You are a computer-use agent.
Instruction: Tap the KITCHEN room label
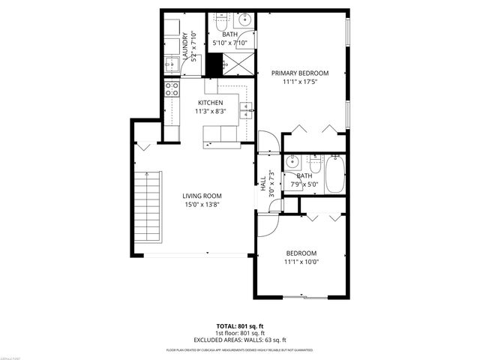point(210,103)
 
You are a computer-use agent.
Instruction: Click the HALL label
point(262,183)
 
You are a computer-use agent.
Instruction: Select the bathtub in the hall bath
point(334,174)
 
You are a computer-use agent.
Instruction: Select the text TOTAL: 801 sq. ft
point(240,325)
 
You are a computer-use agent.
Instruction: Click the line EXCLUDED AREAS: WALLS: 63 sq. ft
point(240,339)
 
